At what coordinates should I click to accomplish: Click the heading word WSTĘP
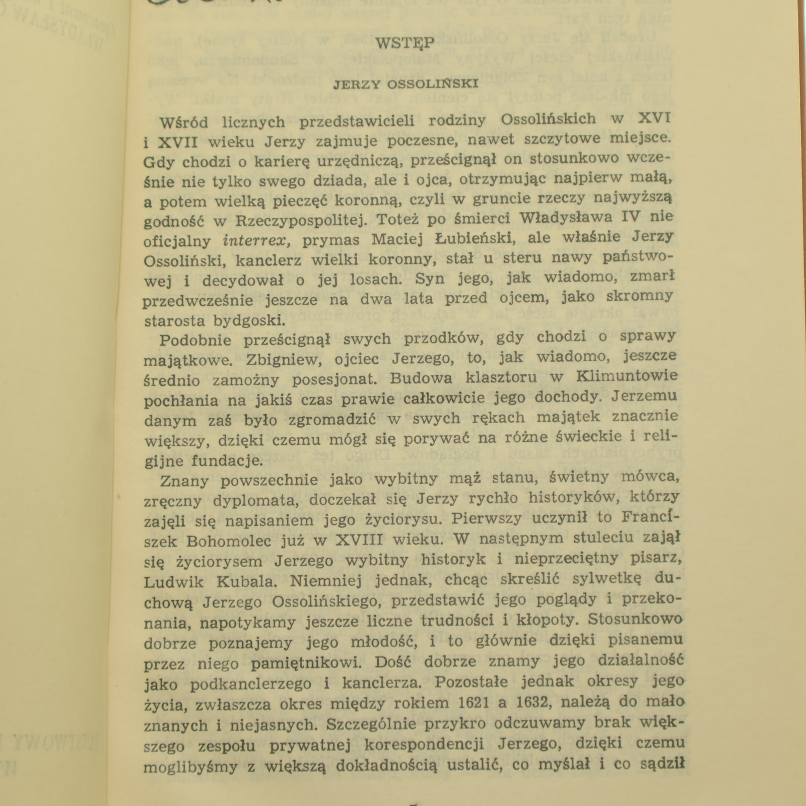pyautogui.click(x=405, y=44)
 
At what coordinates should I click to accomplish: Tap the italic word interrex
pyautogui.click(x=255, y=240)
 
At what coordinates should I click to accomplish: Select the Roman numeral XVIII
pyautogui.click(x=359, y=540)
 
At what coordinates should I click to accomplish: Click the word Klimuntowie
pyautogui.click(x=627, y=376)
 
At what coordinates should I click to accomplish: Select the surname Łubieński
pyautogui.click(x=473, y=238)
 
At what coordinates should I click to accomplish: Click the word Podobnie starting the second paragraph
pyautogui.click(x=195, y=340)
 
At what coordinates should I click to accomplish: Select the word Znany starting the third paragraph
pyautogui.click(x=184, y=481)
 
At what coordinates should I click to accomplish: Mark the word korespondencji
pyautogui.click(x=425, y=745)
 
